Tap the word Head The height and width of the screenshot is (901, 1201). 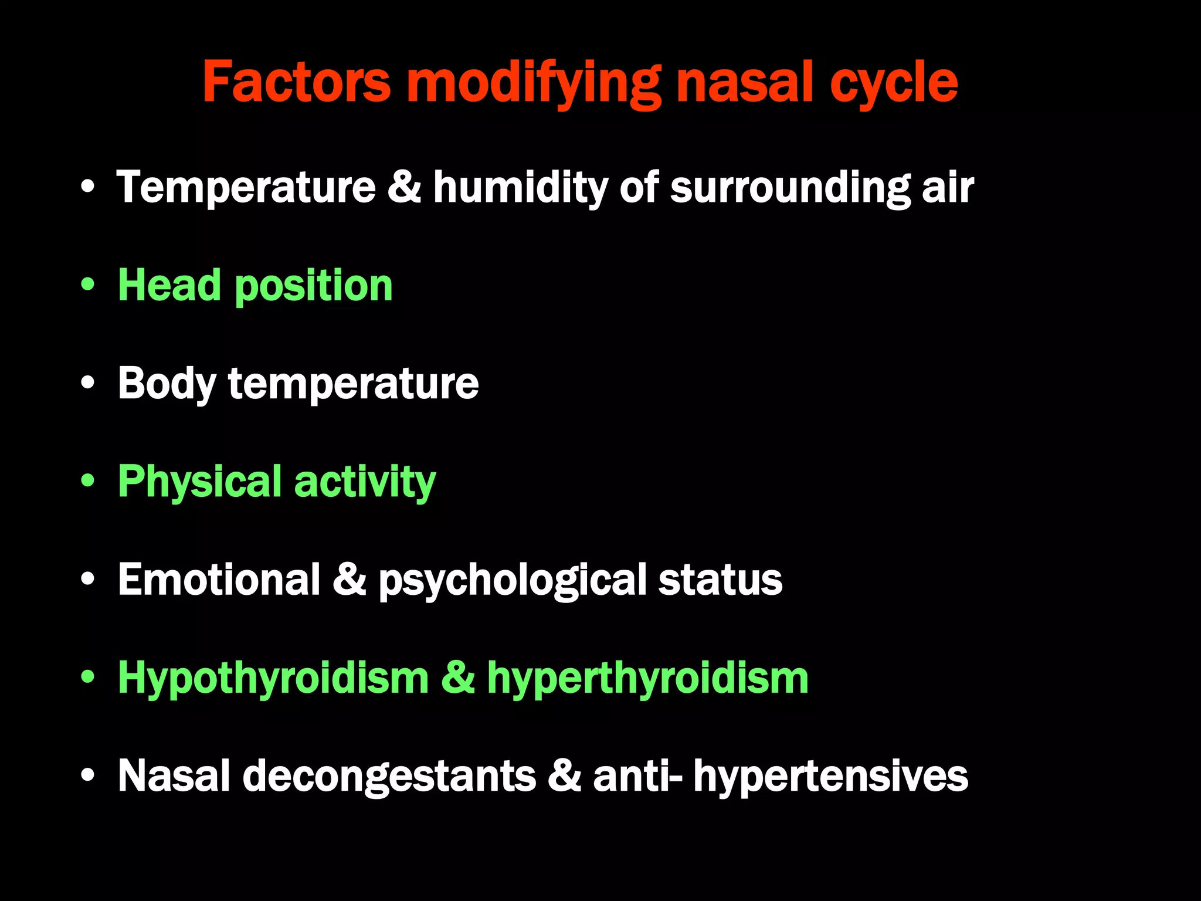click(170, 286)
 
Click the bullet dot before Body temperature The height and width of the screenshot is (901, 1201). click(88, 383)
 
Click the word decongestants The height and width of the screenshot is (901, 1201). click(389, 777)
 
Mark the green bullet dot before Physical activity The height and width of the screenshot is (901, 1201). click(88, 481)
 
